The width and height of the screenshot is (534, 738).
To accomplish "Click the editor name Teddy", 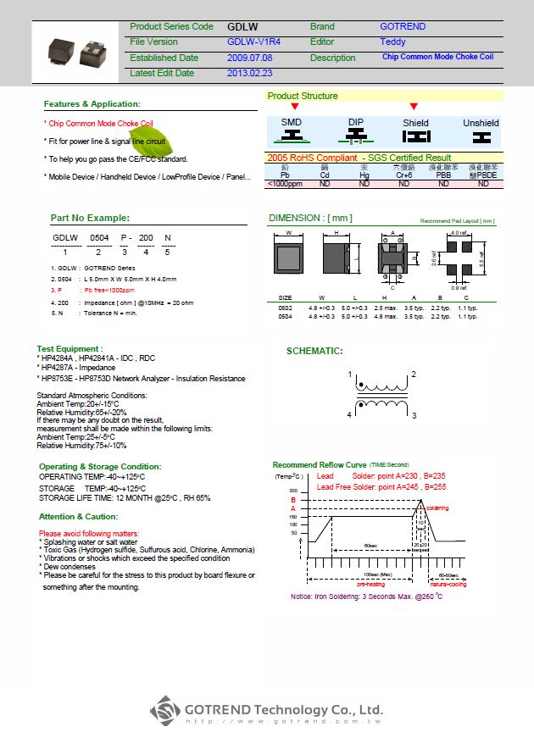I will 392,42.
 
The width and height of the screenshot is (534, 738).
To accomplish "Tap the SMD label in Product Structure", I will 291,123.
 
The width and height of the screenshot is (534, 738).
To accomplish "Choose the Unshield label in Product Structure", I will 481,123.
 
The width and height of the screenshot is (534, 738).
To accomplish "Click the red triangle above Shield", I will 414,107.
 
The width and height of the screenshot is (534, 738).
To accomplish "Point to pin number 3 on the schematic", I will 414,416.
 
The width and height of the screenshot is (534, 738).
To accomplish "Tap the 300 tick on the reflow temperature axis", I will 293,491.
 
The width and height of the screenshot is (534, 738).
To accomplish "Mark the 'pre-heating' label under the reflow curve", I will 370,584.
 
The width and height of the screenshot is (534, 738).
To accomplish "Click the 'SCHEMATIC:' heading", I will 314,351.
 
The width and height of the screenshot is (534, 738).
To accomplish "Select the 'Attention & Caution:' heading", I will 78,516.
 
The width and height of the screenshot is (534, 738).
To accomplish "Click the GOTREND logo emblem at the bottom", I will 166,710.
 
